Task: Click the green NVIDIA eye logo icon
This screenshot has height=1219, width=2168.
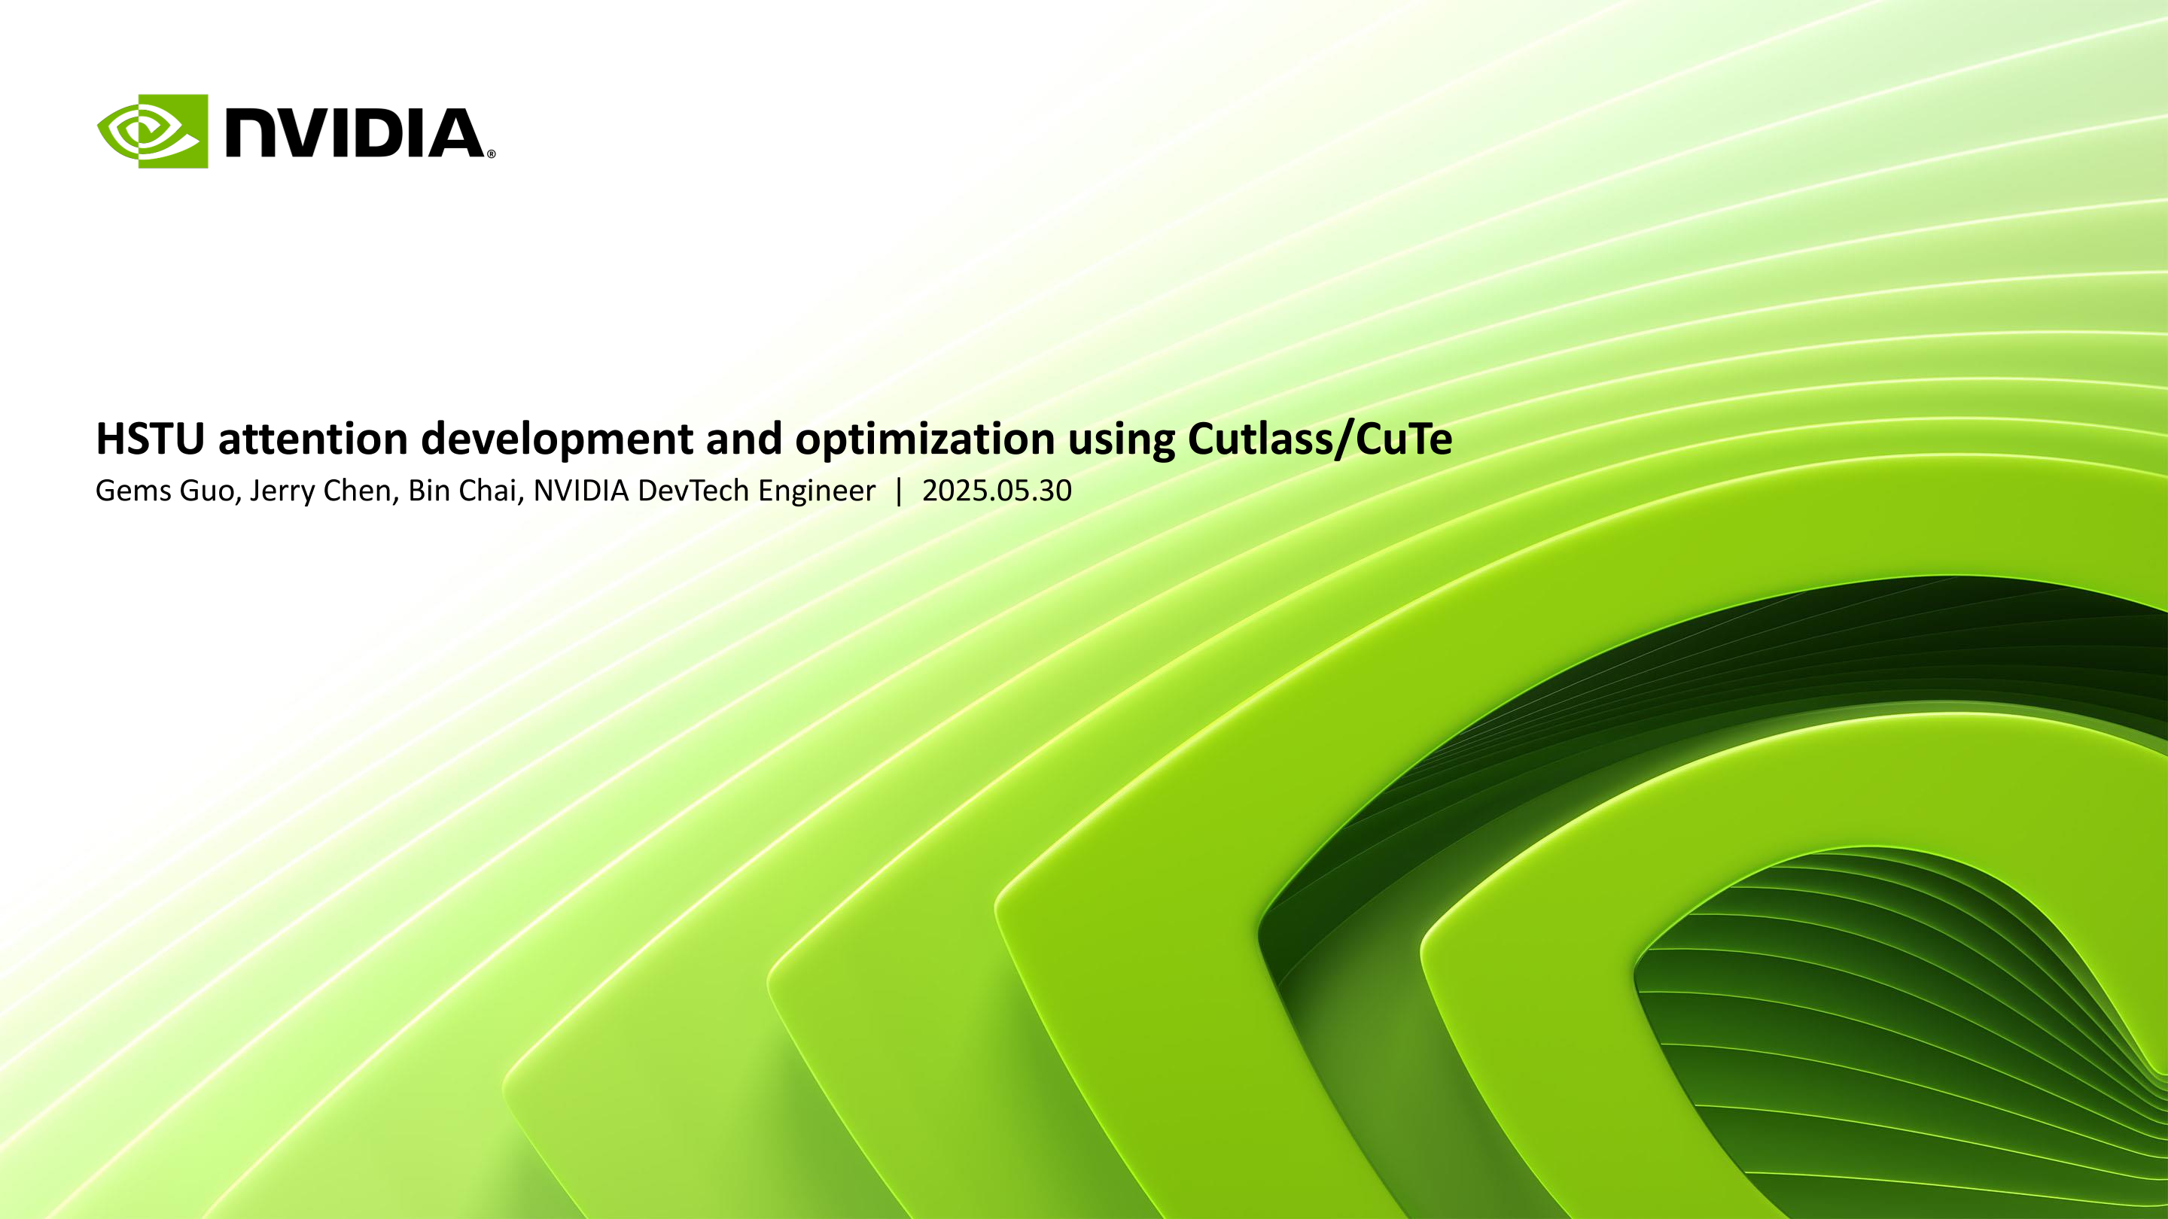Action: click(152, 131)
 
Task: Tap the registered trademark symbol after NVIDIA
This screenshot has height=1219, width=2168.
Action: click(492, 154)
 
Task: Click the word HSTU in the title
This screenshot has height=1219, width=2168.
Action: click(151, 438)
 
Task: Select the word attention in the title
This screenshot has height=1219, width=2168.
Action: click(313, 438)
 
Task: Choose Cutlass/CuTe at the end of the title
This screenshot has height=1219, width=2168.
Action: click(1320, 438)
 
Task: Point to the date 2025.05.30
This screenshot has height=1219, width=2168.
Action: click(997, 491)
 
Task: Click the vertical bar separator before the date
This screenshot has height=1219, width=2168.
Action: click(899, 491)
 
